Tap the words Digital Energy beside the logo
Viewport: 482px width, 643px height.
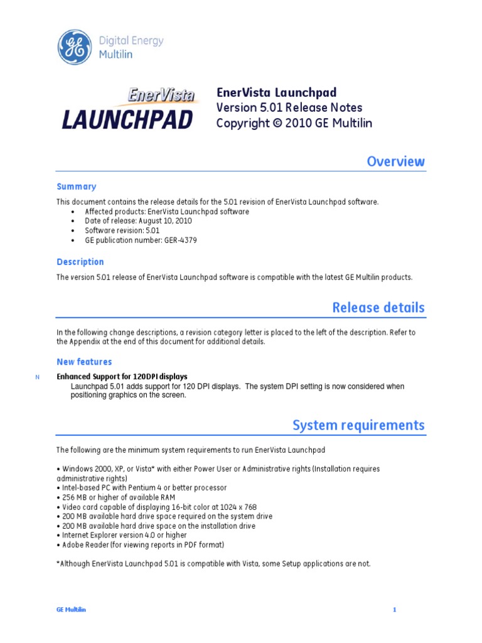click(x=131, y=41)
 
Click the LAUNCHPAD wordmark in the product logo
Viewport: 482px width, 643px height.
click(x=127, y=119)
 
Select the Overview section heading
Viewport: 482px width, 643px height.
click(x=395, y=161)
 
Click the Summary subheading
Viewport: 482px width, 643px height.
click(x=77, y=186)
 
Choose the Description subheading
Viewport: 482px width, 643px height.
click(x=80, y=262)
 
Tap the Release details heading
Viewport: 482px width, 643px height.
click(x=378, y=308)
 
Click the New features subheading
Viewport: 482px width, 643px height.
click(x=84, y=362)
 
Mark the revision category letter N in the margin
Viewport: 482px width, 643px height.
click(x=38, y=377)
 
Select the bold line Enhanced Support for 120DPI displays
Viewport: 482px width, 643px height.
click(x=122, y=377)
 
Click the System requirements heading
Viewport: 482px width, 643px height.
click(x=358, y=425)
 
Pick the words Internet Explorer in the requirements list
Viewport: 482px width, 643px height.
click(x=87, y=535)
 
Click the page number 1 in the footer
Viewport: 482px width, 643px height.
click(x=395, y=610)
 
